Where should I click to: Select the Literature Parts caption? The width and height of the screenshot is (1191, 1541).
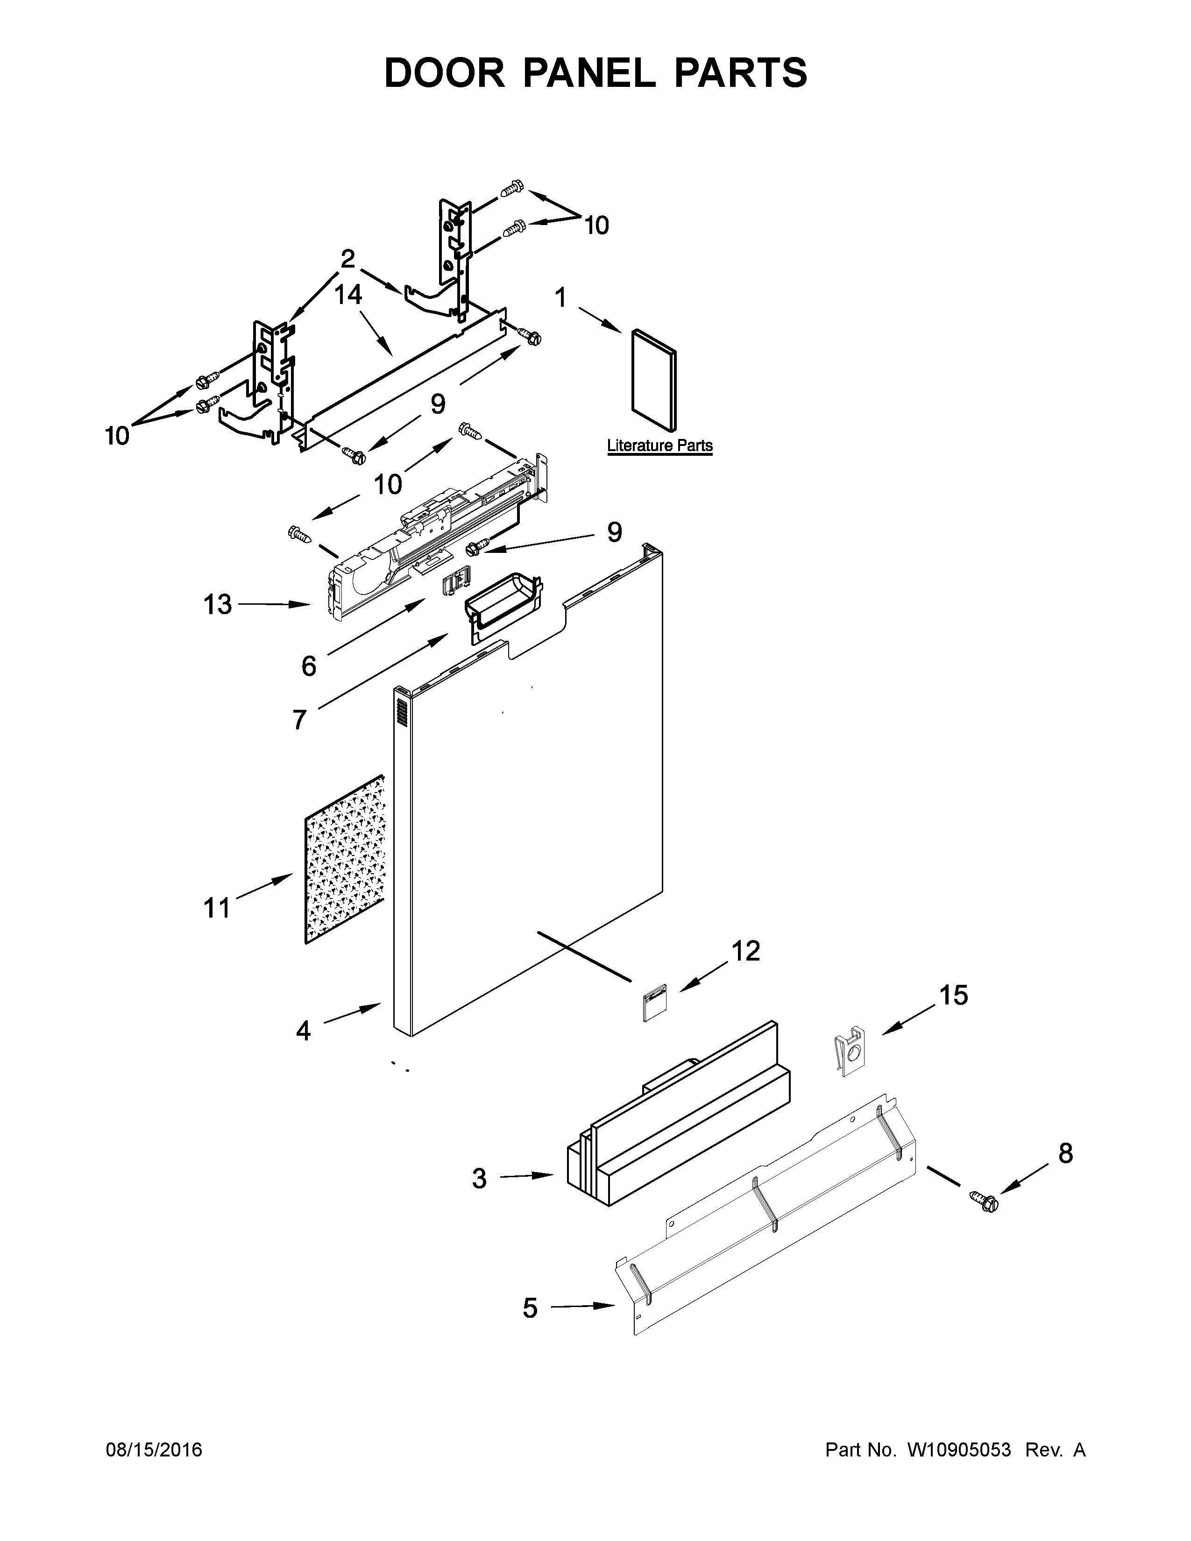659,446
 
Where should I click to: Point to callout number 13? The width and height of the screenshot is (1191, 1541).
217,604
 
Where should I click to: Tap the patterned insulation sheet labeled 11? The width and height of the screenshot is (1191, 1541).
344,859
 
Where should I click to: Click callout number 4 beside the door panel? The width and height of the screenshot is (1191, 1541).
303,1032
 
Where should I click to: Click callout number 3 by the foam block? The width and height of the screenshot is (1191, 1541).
479,1178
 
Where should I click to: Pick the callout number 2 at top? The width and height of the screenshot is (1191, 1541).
347,260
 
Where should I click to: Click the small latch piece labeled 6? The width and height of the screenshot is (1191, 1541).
456,584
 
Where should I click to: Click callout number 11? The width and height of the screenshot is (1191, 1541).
217,907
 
